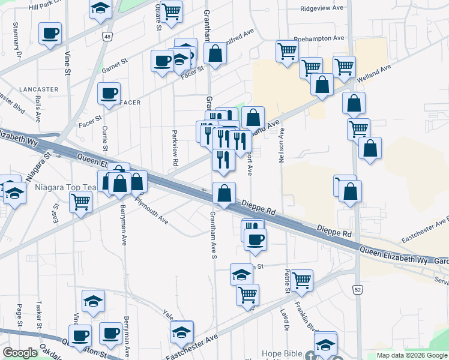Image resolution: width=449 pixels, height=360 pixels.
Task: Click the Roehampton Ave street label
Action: point(319,38)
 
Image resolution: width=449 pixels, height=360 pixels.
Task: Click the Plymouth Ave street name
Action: point(151,210)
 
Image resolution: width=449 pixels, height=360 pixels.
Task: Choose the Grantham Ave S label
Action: point(212,235)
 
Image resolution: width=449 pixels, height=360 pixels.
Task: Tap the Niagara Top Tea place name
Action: point(49,188)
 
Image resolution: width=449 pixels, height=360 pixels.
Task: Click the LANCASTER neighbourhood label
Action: point(38,89)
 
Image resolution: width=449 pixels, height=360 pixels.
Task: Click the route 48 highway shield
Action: point(107,37)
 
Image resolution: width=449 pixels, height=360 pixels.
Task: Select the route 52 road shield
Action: point(358,290)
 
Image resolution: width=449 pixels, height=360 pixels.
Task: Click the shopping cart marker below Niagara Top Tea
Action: point(80,203)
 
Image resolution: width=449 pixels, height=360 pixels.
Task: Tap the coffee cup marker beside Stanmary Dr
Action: point(50,33)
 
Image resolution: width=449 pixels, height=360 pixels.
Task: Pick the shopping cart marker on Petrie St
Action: point(301,279)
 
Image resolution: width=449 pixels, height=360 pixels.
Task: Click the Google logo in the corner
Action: point(20,353)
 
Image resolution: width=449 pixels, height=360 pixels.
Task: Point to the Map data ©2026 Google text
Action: point(411,355)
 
